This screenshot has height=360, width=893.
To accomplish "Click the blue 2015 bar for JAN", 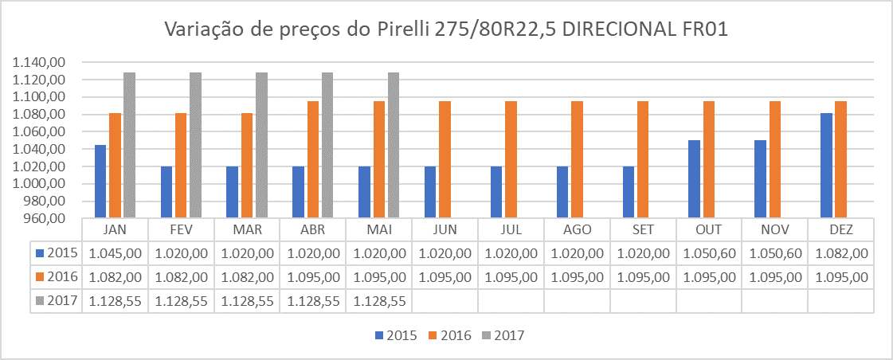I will (100, 182).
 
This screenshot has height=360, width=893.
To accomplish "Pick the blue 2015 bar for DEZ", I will (826, 166).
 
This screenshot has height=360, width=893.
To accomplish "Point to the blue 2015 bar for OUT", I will (694, 178).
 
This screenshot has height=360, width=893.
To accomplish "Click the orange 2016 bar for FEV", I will (181, 165).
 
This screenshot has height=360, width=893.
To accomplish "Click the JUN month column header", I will (445, 229).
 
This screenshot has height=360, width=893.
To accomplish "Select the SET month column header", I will (643, 229).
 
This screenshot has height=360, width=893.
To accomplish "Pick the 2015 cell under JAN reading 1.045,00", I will (116, 253).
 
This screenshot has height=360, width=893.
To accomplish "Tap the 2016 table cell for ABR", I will (313, 277).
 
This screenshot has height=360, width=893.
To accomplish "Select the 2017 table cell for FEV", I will (181, 301).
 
